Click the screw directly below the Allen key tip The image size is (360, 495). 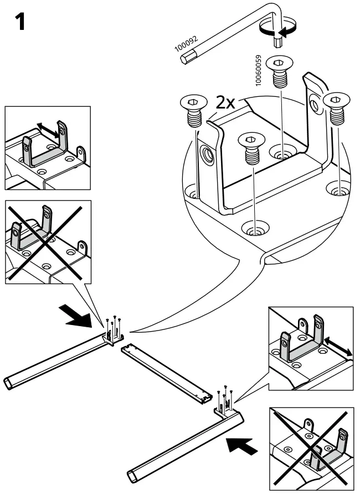(280, 71)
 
